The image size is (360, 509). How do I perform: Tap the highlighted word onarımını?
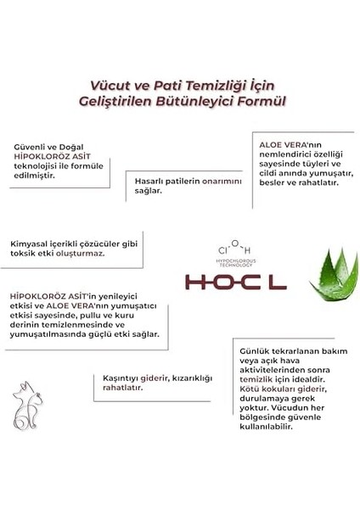pyautogui.click(x=222, y=181)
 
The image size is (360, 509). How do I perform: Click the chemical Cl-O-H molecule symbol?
pyautogui.click(x=233, y=249)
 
